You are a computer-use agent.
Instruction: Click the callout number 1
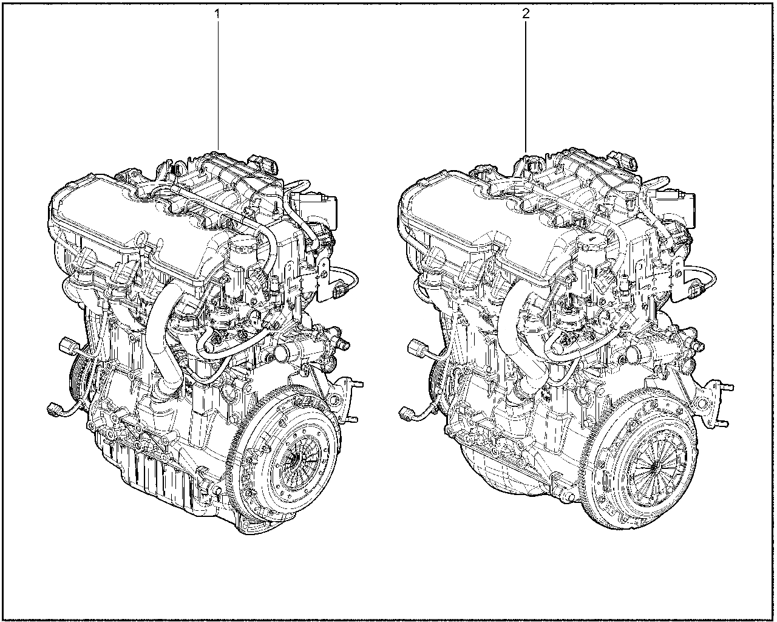coord(217,14)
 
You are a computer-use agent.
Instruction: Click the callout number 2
coord(526,14)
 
